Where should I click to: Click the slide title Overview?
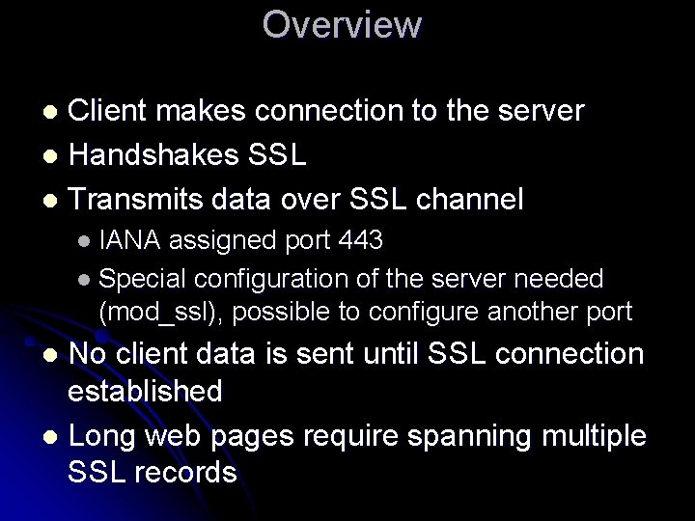point(342,25)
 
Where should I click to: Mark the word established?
point(146,392)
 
